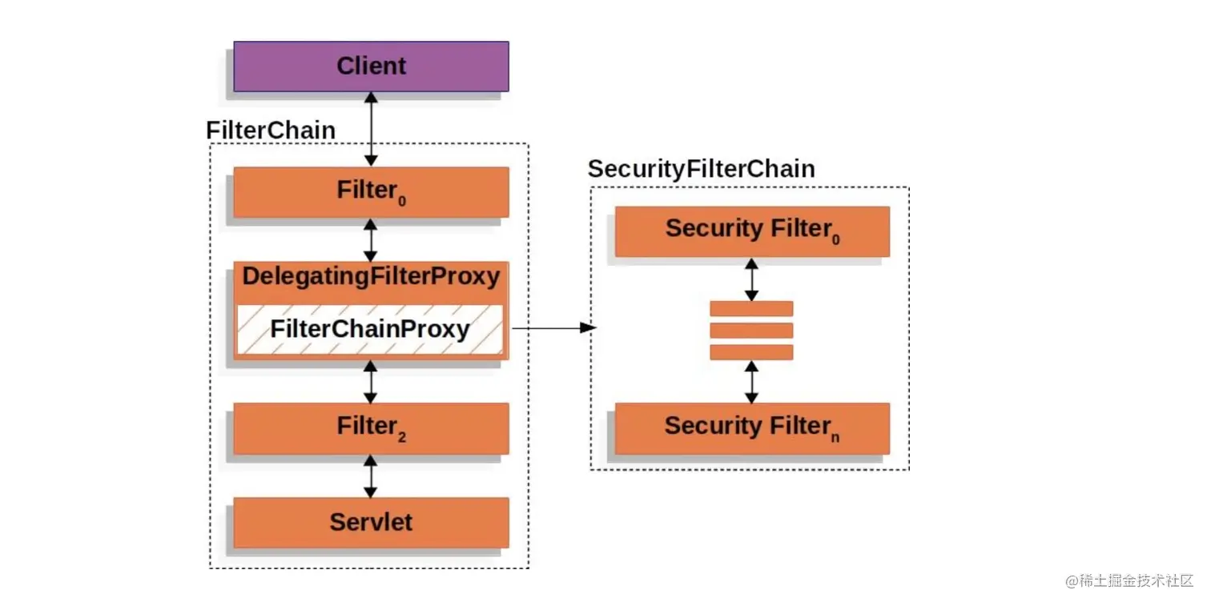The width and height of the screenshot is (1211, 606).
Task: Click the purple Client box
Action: coord(371,66)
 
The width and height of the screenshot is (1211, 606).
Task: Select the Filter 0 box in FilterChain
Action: coord(371,192)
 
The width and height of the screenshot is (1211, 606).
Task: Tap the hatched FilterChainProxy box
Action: coord(370,329)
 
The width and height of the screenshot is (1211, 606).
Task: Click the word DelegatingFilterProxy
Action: coord(371,276)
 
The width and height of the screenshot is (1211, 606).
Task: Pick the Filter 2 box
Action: coord(371,428)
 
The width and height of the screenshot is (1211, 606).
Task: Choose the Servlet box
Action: coord(371,522)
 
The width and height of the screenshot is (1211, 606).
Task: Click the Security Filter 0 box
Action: coord(752,231)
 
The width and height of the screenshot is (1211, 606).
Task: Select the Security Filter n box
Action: coord(752,428)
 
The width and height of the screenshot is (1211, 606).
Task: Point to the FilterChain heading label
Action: coord(271,130)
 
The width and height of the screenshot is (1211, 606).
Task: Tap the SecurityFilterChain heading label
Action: coord(701,169)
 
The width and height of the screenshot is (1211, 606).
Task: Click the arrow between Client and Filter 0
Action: coord(371,129)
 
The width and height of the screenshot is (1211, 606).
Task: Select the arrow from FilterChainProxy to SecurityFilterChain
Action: coord(554,327)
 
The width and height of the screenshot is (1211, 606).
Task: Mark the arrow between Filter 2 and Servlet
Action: coord(370,476)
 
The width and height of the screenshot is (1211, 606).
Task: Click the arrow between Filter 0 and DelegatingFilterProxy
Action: coord(370,240)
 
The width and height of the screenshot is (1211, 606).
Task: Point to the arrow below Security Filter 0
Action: coord(751,279)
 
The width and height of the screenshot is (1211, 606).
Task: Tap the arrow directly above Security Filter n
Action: coord(751,382)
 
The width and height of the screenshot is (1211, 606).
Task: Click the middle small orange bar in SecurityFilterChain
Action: coord(751,331)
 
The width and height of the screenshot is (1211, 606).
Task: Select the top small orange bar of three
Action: coord(751,309)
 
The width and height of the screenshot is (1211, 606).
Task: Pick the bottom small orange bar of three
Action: coord(751,352)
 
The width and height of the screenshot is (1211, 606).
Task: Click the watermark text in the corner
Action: coord(1129,580)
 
